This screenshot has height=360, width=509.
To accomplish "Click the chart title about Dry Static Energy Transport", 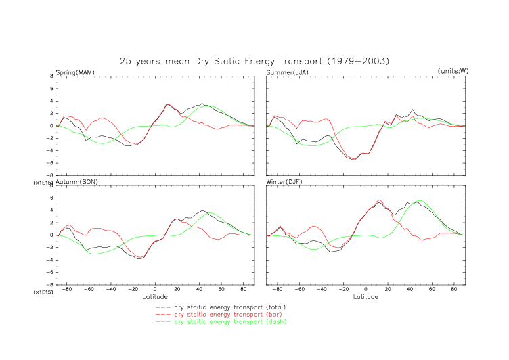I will point(255,61).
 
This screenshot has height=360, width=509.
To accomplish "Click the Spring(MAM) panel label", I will point(75,72).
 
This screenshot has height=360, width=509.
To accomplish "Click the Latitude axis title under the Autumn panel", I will point(155,296).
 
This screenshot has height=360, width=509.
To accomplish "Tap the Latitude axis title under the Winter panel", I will point(366,296).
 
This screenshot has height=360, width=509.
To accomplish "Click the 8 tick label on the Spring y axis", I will point(51,76).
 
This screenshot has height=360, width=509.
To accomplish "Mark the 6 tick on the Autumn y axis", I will point(51,198).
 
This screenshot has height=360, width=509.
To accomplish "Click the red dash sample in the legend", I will point(163,315).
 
